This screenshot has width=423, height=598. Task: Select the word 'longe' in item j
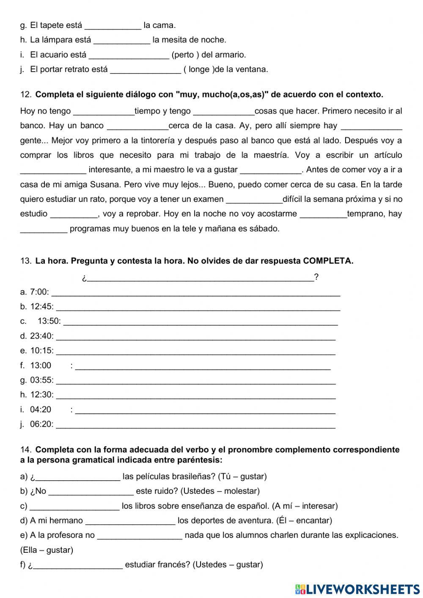tap(199, 69)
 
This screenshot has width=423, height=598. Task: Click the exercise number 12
tap(25, 94)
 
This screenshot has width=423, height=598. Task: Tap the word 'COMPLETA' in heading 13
tap(328, 261)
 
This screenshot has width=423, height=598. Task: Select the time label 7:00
tap(39, 292)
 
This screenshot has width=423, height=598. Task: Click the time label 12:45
tap(42, 306)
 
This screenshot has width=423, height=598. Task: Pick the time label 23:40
tap(42, 336)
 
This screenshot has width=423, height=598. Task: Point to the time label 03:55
tap(42, 380)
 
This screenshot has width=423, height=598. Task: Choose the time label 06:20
tap(42, 424)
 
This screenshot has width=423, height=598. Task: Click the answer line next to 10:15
tap(195, 351)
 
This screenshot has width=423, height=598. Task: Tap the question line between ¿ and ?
tap(200, 278)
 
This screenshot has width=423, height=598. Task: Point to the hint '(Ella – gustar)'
tap(47, 550)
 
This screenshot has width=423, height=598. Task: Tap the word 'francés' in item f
tap(177, 565)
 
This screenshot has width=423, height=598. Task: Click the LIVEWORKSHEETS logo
tap(357, 589)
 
